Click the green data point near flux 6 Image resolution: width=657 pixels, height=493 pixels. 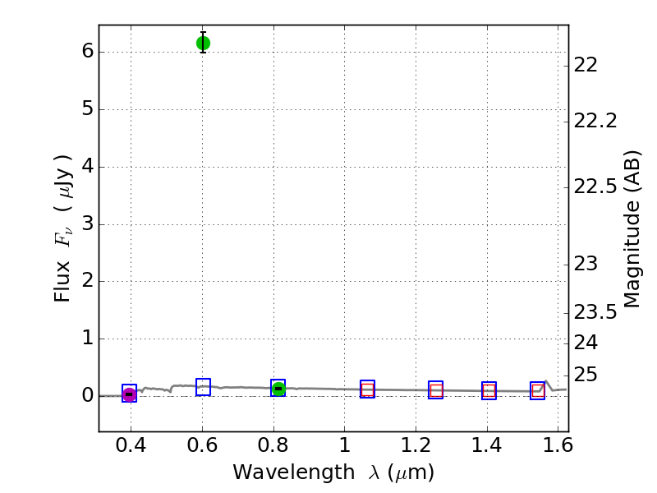pos(203,43)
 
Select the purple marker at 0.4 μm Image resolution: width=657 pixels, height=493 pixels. pos(129,394)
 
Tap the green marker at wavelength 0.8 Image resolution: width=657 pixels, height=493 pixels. pos(278,389)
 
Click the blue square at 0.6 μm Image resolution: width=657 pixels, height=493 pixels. pos(203,387)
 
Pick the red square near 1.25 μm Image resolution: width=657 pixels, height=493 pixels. pos(436,391)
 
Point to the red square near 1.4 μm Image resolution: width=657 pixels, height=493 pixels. pos(489,391)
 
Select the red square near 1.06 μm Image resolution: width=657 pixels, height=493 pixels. pos(367,390)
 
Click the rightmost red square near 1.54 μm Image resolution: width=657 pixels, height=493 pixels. pos(538,391)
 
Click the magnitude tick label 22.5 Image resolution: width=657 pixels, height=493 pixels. pos(595,187)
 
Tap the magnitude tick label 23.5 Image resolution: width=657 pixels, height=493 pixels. pos(595,312)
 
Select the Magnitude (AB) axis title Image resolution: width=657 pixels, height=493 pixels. pos(632,228)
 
